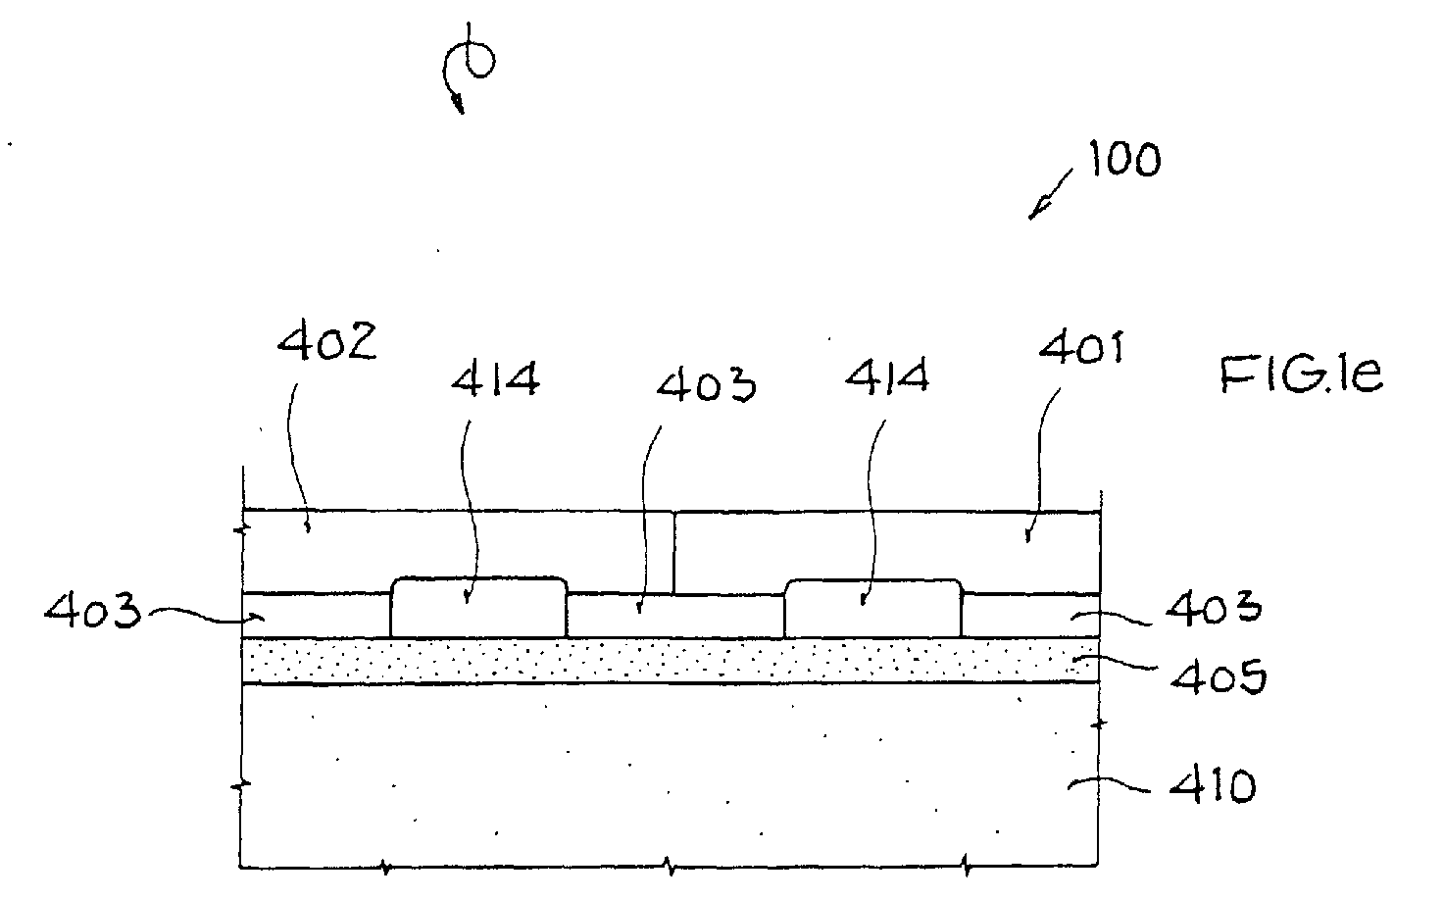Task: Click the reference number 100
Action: coord(1125,159)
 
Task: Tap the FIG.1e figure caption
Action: coord(1301,375)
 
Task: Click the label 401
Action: coord(1081,348)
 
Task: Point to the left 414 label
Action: coord(495,379)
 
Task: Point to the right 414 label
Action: coord(887,377)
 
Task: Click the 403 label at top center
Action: coord(706,385)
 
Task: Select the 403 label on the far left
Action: coord(92,610)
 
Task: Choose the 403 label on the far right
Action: coord(1214,607)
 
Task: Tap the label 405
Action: coord(1219,676)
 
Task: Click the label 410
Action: coord(1213,786)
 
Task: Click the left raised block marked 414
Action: coord(478,608)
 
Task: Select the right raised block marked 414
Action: coord(872,609)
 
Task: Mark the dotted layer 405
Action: coord(670,661)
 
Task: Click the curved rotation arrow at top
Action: coord(469,68)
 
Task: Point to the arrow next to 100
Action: coord(1050,194)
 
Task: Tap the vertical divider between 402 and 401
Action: coord(673,553)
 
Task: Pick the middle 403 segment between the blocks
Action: coord(675,616)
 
